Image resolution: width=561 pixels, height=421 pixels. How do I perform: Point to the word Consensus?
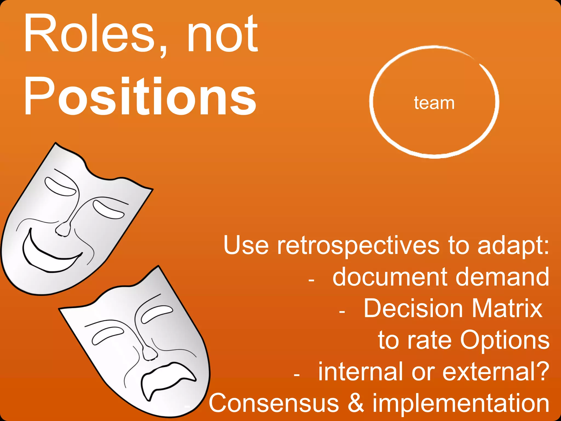(274, 403)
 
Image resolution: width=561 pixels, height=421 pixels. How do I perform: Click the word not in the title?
(222, 34)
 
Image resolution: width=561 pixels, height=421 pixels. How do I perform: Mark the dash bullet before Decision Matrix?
(342, 312)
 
